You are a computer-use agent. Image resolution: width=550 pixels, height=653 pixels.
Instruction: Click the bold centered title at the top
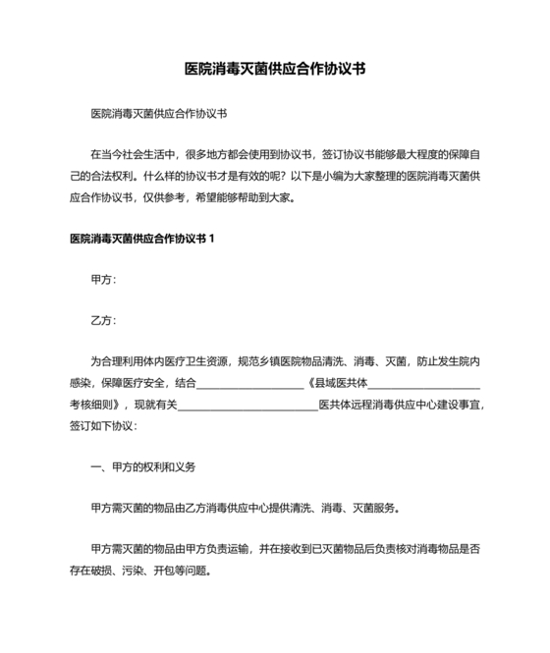[x=276, y=70]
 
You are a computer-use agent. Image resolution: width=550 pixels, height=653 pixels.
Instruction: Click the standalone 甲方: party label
[x=103, y=280]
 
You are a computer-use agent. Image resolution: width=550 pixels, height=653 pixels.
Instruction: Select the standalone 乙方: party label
[x=103, y=320]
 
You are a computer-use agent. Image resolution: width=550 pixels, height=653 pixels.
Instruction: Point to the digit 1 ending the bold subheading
[x=211, y=239]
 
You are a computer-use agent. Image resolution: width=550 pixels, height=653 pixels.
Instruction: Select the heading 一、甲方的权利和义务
[x=143, y=466]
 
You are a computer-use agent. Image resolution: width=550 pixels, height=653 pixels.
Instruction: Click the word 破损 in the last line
[x=108, y=570]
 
